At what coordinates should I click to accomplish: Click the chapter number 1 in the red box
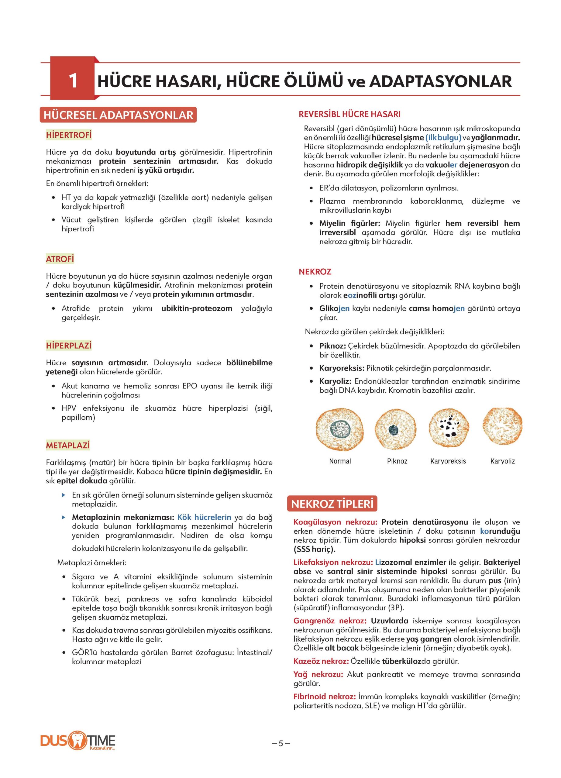coord(73,81)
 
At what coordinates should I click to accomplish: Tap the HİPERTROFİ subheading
coord(69,135)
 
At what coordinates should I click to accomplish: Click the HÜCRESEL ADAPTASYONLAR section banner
coord(119,115)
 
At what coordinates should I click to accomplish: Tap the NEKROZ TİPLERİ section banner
coord(332,504)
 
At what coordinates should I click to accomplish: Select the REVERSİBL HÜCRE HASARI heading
coord(349,114)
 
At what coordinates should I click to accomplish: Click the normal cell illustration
coord(339,429)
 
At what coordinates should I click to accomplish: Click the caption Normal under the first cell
coord(340,461)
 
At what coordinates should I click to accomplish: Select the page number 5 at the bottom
coord(281,741)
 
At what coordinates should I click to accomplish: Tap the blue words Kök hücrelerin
coord(204,517)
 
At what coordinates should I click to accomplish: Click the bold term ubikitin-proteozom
coord(197,308)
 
